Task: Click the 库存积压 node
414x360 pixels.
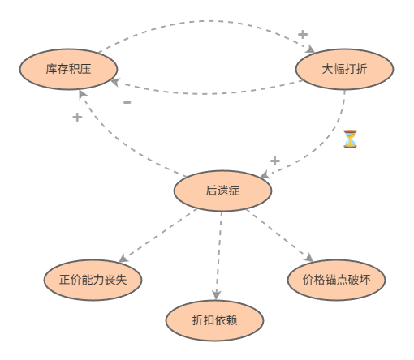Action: pos(68,69)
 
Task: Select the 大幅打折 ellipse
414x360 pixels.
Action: pos(344,69)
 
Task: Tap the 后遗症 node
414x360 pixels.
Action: pos(222,191)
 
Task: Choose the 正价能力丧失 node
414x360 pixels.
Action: pos(93,280)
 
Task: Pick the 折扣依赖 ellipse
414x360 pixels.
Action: pos(214,320)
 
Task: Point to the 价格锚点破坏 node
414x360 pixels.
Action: pos(336,280)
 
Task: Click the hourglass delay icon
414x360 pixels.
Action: pos(350,139)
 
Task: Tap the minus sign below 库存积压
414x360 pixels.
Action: pos(127,102)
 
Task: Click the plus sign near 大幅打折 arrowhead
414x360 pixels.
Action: pos(303,34)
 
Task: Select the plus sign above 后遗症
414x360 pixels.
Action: pos(275,161)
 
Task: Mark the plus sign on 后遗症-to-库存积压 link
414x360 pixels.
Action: pos(77,118)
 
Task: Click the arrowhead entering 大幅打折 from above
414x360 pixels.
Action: pos(311,49)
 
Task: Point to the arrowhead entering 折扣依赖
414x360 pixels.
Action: pos(216,295)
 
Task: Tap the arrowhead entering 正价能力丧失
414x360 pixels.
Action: pos(123,259)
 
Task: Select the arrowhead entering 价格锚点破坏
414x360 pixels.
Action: pos(309,258)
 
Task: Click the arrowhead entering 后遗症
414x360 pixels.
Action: pos(265,175)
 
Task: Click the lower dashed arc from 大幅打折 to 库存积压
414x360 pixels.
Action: pos(205,94)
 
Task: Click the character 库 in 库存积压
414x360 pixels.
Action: pos(51,69)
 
